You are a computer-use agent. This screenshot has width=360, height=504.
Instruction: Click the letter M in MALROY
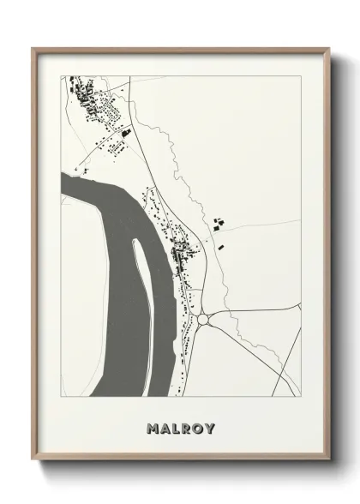click(x=153, y=428)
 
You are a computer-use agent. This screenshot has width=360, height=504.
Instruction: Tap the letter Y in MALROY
click(x=210, y=428)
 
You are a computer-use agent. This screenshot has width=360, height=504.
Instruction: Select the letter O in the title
click(x=199, y=428)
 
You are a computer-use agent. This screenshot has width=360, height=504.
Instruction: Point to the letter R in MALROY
click(x=187, y=428)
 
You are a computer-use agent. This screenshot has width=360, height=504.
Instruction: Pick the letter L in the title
click(x=176, y=428)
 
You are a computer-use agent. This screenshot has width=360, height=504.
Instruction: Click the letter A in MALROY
click(x=165, y=428)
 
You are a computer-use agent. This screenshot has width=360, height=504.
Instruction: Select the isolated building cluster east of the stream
click(x=218, y=224)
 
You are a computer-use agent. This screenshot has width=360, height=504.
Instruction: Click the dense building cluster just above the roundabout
click(x=183, y=252)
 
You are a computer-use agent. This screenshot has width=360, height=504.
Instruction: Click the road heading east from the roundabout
click(x=257, y=315)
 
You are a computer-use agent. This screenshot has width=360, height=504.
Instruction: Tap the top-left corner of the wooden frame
click(x=33, y=49)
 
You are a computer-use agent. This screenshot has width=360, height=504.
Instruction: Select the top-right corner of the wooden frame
click(x=327, y=49)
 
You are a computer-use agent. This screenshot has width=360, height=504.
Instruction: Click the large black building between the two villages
click(x=125, y=133)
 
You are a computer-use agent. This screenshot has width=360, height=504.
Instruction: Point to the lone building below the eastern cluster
click(x=221, y=246)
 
